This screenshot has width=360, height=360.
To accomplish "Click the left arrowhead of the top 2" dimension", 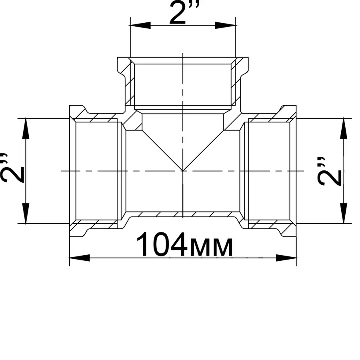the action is click(140, 25).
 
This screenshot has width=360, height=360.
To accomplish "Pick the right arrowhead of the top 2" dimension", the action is click(225, 25).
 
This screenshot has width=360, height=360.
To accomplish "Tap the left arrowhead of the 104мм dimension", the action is click(80, 258).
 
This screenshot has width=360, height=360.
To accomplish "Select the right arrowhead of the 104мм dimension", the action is click(286, 258).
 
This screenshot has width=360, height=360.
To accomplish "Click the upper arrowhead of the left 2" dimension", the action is click(26, 128).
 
